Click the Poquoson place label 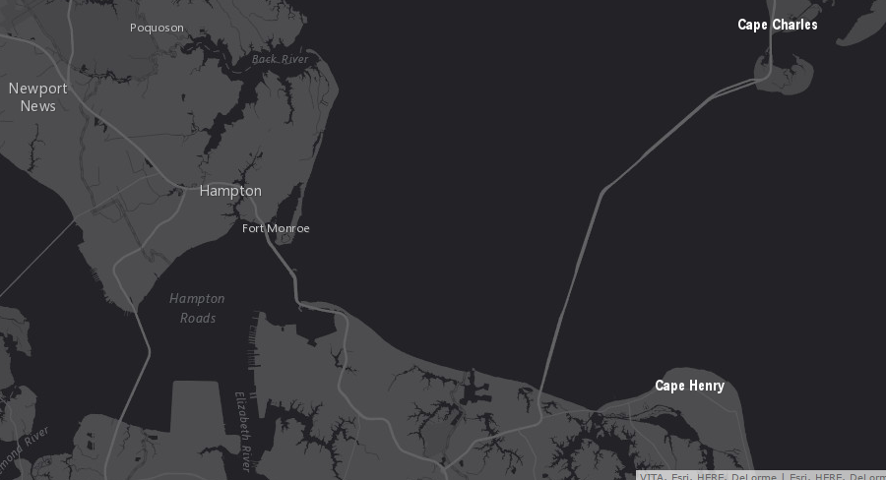click(x=157, y=28)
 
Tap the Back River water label click(x=280, y=59)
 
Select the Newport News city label click(x=38, y=96)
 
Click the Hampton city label click(x=230, y=191)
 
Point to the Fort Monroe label click(x=276, y=228)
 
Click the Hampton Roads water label click(x=197, y=308)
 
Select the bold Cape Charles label click(x=777, y=25)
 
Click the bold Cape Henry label click(x=689, y=386)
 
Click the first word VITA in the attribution click(x=652, y=476)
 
